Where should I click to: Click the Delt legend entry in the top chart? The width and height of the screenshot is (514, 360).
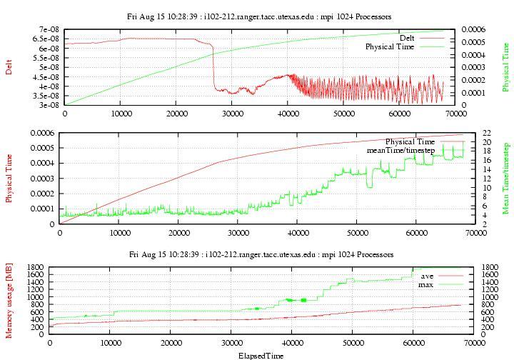pyautogui.click(x=408, y=38)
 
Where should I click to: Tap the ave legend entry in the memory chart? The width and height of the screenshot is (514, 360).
pyautogui.click(x=427, y=276)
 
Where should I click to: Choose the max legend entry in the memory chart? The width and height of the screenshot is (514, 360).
pyautogui.click(x=427, y=284)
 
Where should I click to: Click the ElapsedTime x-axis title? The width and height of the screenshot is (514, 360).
pyautogui.click(x=261, y=355)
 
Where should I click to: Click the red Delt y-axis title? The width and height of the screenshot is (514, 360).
pyautogui.click(x=9, y=67)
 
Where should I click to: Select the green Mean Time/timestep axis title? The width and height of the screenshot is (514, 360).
pyautogui.click(x=505, y=178)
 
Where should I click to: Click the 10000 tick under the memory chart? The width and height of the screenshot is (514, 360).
pyautogui.click(x=110, y=344)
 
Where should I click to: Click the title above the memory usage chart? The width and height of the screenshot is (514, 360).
pyautogui.click(x=261, y=254)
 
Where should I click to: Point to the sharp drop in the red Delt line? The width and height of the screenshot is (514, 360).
pyautogui.click(x=213, y=68)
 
